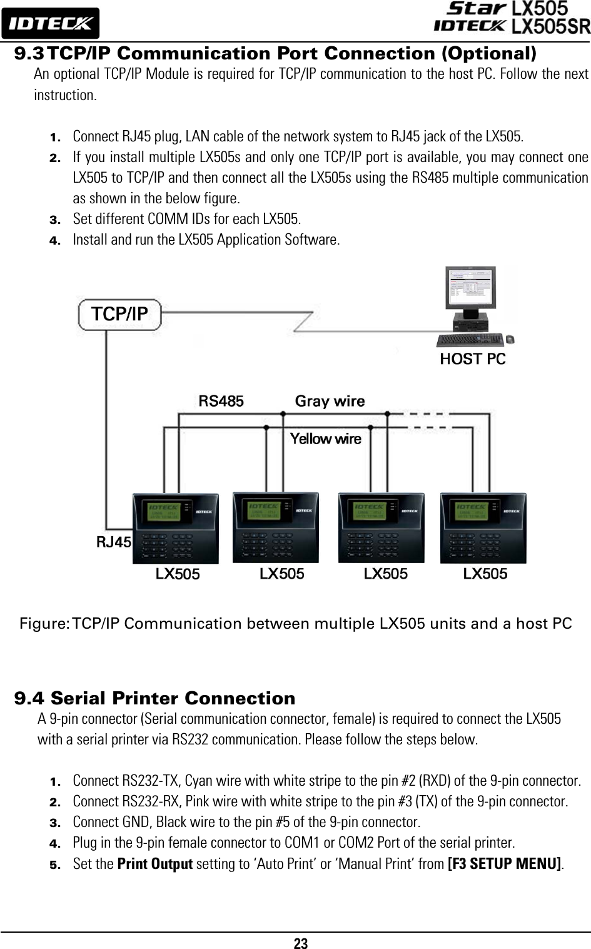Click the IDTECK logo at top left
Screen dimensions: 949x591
[x=50, y=24]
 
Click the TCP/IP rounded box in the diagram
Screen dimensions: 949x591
[x=119, y=314]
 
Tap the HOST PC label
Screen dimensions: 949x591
[x=473, y=359]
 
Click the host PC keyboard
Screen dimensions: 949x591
[x=470, y=340]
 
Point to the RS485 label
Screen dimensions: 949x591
[x=221, y=401]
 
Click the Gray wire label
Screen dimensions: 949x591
[x=330, y=401]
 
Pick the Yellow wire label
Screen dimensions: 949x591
[x=326, y=439]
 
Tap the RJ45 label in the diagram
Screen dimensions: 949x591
[x=113, y=542]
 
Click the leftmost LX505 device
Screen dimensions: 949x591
[x=176, y=528]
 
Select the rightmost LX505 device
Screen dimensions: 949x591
[x=483, y=528]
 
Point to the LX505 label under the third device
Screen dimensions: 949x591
[x=386, y=574]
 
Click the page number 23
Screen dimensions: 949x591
[x=301, y=943]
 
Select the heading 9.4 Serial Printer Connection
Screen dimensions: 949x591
[x=154, y=698]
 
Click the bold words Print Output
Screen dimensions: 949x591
[x=155, y=864]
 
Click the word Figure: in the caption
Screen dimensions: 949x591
[x=44, y=624]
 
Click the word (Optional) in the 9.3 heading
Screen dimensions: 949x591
[x=488, y=53]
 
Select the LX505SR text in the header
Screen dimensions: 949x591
[x=550, y=26]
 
